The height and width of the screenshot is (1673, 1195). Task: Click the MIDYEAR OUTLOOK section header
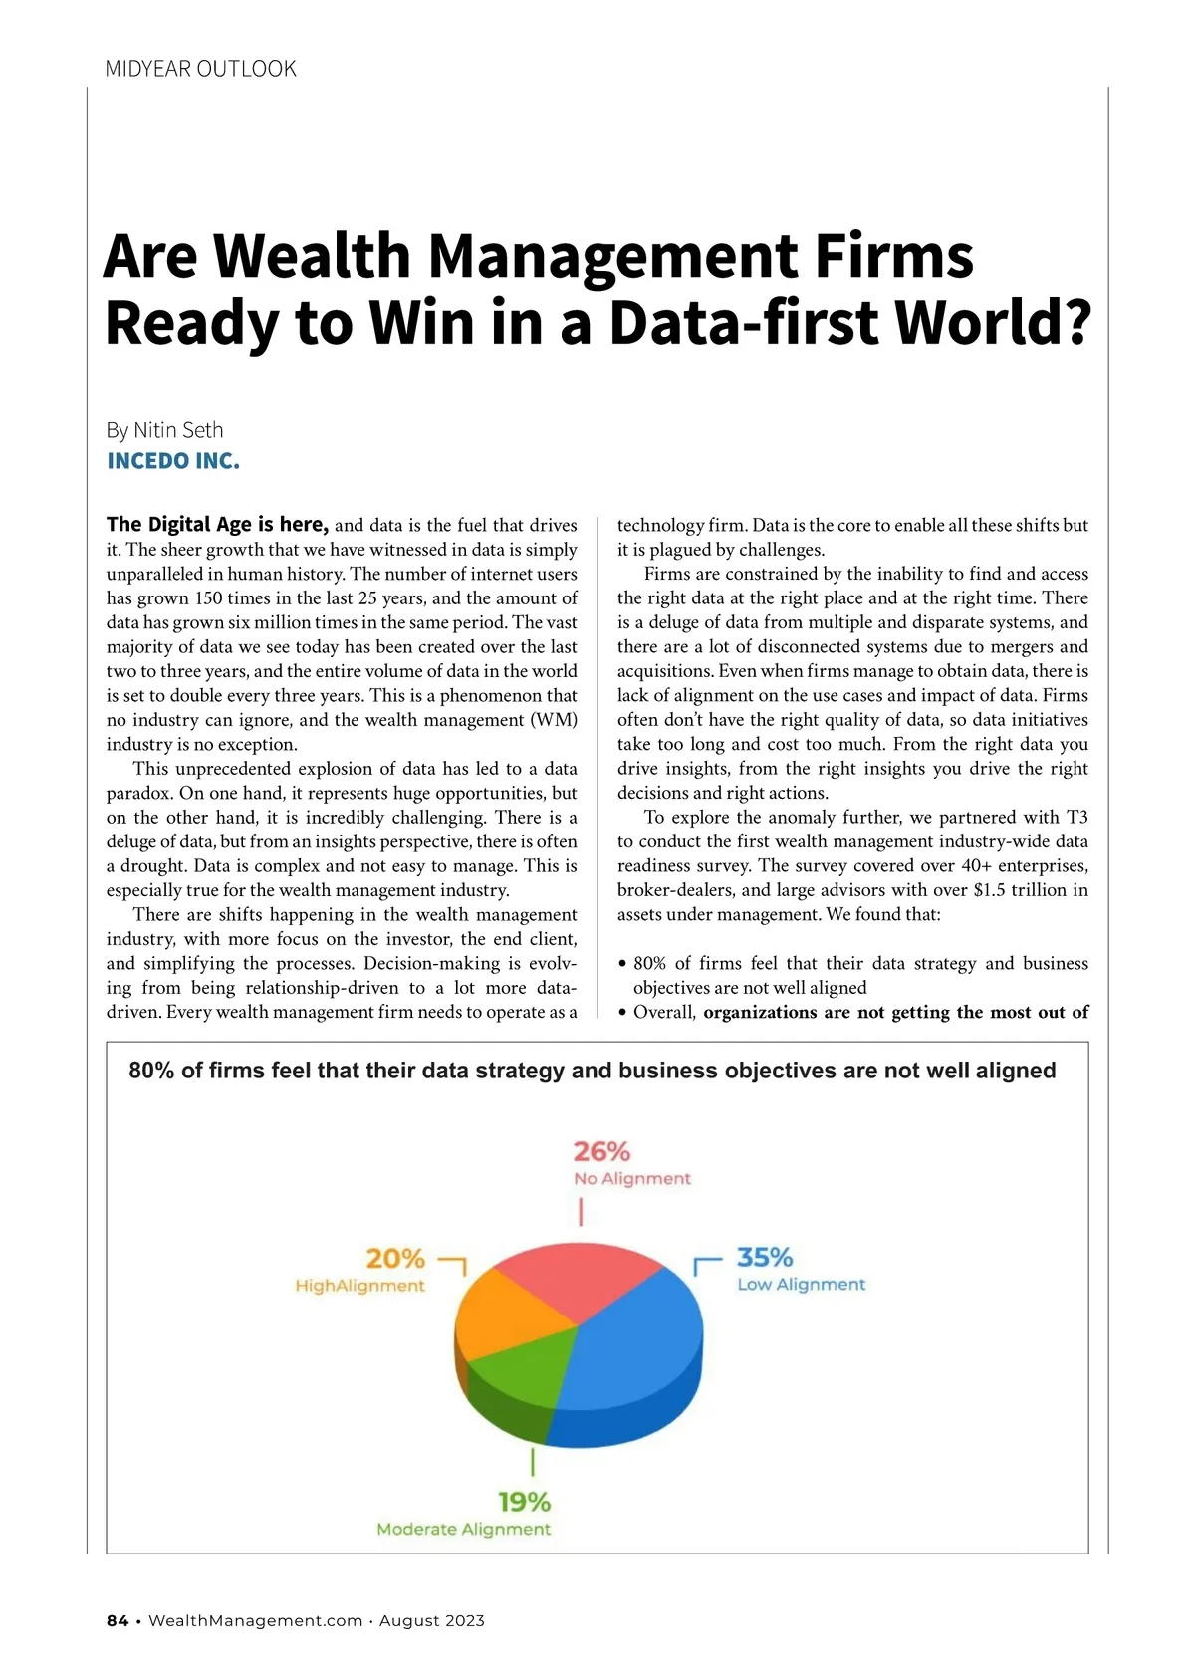tap(200, 69)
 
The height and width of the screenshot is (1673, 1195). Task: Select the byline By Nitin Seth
tap(164, 430)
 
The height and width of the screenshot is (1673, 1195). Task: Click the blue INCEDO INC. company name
tap(172, 461)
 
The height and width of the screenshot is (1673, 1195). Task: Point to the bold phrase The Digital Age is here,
tap(217, 525)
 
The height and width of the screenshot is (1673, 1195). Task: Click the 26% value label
tap(601, 1152)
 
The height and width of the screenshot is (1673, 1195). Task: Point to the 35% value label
tap(765, 1257)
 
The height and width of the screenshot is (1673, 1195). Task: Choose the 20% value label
tap(395, 1259)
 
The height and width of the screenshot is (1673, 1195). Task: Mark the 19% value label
tap(524, 1502)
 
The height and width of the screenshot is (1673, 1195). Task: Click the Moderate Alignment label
tap(463, 1529)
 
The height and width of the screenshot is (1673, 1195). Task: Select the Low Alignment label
tap(802, 1285)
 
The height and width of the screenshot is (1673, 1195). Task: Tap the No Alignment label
tap(631, 1179)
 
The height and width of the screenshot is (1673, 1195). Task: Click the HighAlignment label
tap(359, 1286)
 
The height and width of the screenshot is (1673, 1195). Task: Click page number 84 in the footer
tap(118, 1621)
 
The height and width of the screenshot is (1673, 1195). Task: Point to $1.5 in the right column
tap(989, 890)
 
